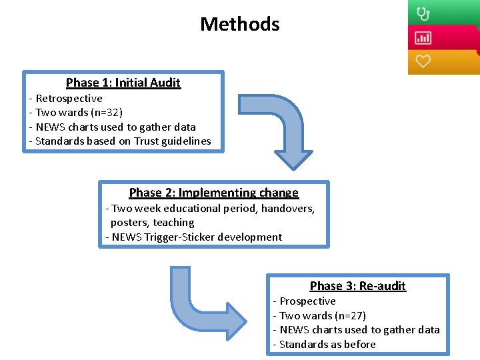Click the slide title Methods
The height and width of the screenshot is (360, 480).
click(x=239, y=25)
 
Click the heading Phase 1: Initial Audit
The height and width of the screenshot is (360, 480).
click(x=123, y=83)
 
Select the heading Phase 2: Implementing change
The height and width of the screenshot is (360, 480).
click(x=213, y=193)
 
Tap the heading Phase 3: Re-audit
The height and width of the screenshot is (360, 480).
click(x=357, y=286)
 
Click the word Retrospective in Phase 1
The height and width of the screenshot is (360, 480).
click(x=69, y=99)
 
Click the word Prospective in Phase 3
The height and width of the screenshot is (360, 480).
click(x=307, y=301)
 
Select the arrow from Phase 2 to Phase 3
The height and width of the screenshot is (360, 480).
click(x=200, y=307)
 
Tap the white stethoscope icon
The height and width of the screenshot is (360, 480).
click(x=423, y=13)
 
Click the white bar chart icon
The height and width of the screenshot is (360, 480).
click(x=423, y=37)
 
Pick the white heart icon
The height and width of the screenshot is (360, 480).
click(x=423, y=61)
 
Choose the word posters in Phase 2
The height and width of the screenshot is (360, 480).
click(x=130, y=223)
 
